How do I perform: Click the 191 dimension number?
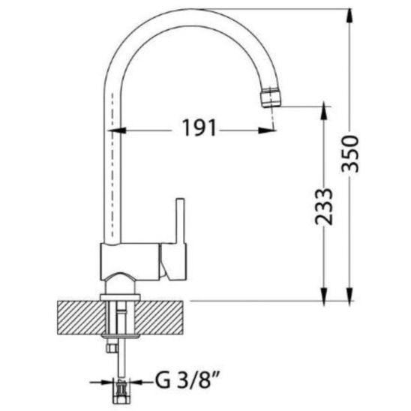point(199,127)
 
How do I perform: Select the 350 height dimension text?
point(350,154)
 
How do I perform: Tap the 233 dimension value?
point(324,207)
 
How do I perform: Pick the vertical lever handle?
point(180,221)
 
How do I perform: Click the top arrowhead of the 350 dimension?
point(349,16)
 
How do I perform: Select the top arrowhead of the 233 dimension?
point(324,110)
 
